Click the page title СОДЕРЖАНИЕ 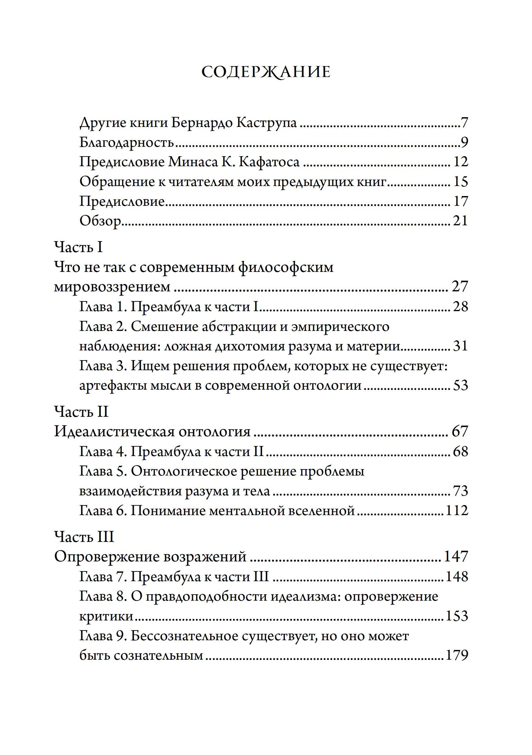(266, 72)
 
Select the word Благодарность (127, 142)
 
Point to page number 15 (460, 181)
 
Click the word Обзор (100, 221)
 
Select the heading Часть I (78, 247)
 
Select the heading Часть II (81, 412)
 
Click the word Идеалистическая (114, 431)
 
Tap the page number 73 (460, 491)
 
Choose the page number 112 (457, 511)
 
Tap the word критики (106, 616)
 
